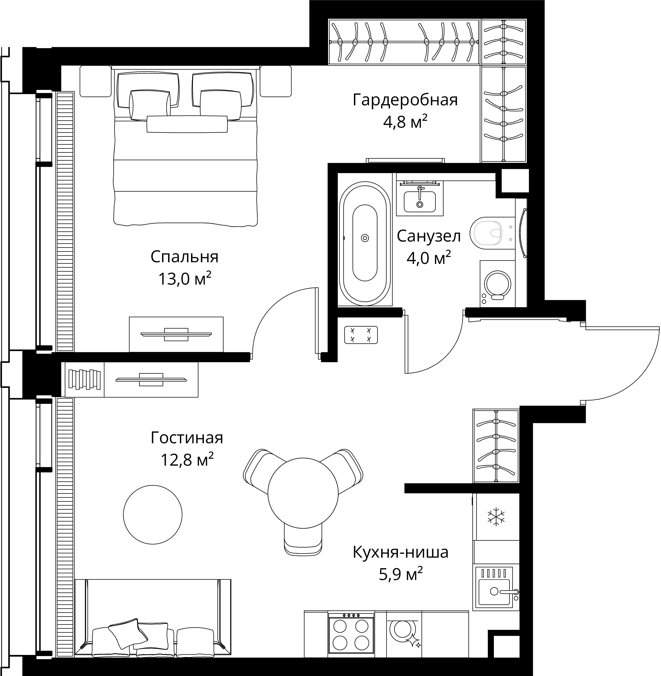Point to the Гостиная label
click(187, 438)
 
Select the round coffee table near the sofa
click(153, 515)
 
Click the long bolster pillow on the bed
click(187, 124)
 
